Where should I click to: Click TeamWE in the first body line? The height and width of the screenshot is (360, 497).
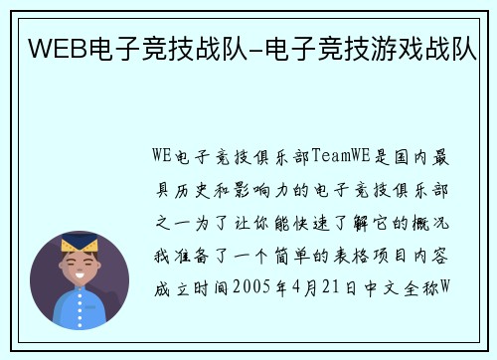click(x=342, y=155)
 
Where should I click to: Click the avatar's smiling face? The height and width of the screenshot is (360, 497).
click(x=80, y=268)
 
